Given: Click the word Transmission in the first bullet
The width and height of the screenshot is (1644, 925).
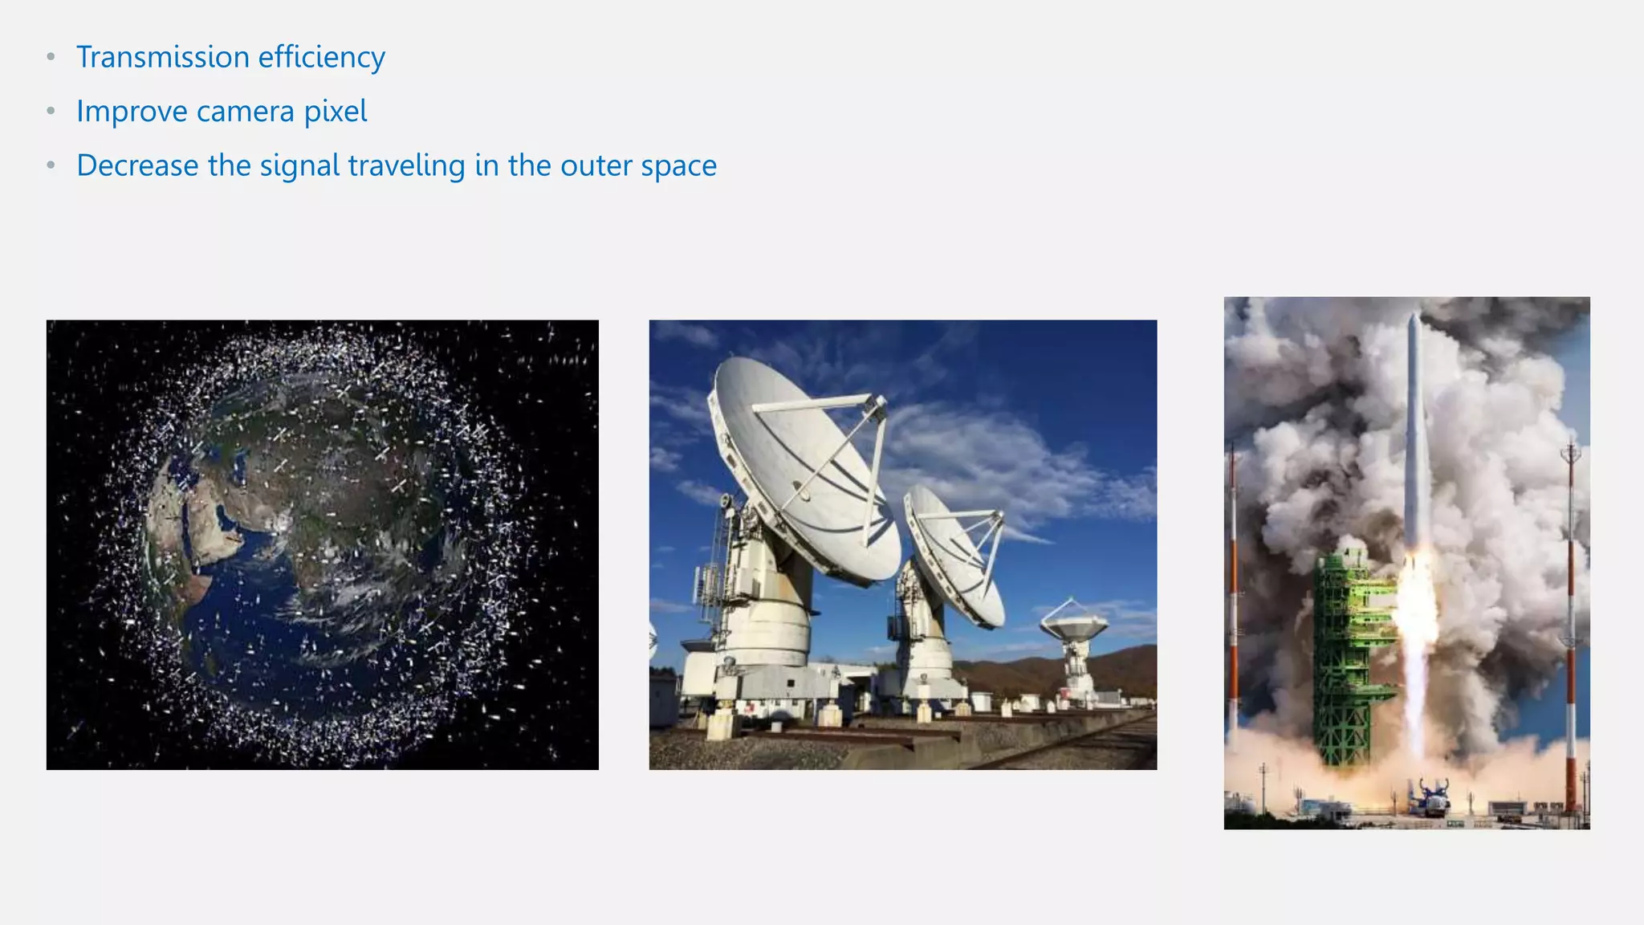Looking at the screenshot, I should tap(163, 57).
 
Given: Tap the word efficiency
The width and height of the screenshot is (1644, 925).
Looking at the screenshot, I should tap(321, 58).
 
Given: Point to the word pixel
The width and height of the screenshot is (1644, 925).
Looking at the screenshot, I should tap(336, 112).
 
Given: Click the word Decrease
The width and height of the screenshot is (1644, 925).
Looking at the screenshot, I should tap(137, 165).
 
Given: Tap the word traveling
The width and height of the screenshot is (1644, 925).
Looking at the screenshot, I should tap(406, 166).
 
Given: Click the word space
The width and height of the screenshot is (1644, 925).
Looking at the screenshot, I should tap(678, 166).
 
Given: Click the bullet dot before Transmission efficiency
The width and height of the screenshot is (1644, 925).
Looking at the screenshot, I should tap(51, 56).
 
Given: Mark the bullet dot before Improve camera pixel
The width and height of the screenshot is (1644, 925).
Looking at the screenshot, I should tap(51, 111).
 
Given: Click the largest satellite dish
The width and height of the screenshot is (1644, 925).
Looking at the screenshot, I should tap(803, 466).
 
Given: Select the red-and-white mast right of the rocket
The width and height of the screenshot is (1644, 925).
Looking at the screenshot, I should tap(1571, 626).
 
